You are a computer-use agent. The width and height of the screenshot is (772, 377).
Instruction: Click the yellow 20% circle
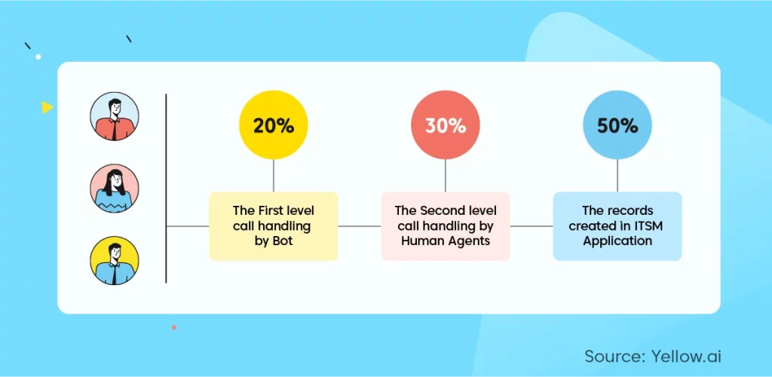coord(273,125)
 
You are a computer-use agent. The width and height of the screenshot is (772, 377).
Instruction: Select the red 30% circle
coord(445,125)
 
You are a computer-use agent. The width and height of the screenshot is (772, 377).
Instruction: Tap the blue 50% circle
coord(617,125)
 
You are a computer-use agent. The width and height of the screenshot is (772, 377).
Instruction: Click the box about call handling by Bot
coord(273,226)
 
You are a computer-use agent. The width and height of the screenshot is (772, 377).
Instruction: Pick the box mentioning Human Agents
coord(445,226)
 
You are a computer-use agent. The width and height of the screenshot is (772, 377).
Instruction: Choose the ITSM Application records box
coord(617,226)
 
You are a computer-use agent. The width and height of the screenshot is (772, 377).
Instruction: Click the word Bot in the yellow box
coord(283,241)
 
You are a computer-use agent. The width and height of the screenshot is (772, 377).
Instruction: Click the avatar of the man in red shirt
coord(115,116)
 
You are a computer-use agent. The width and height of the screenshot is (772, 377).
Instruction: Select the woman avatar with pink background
coord(115,188)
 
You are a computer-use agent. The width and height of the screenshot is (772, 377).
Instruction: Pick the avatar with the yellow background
coord(115,260)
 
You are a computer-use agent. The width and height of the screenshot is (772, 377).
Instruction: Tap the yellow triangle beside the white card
coord(47,107)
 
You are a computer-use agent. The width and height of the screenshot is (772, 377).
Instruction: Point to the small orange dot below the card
coord(174,326)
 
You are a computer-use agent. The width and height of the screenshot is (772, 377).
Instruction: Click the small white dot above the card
coord(38,57)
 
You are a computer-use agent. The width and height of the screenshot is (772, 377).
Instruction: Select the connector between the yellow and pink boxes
coord(360,226)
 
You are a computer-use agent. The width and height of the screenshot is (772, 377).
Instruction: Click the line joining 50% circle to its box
coord(617,176)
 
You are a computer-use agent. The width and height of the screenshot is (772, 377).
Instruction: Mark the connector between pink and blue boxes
coord(532,226)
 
